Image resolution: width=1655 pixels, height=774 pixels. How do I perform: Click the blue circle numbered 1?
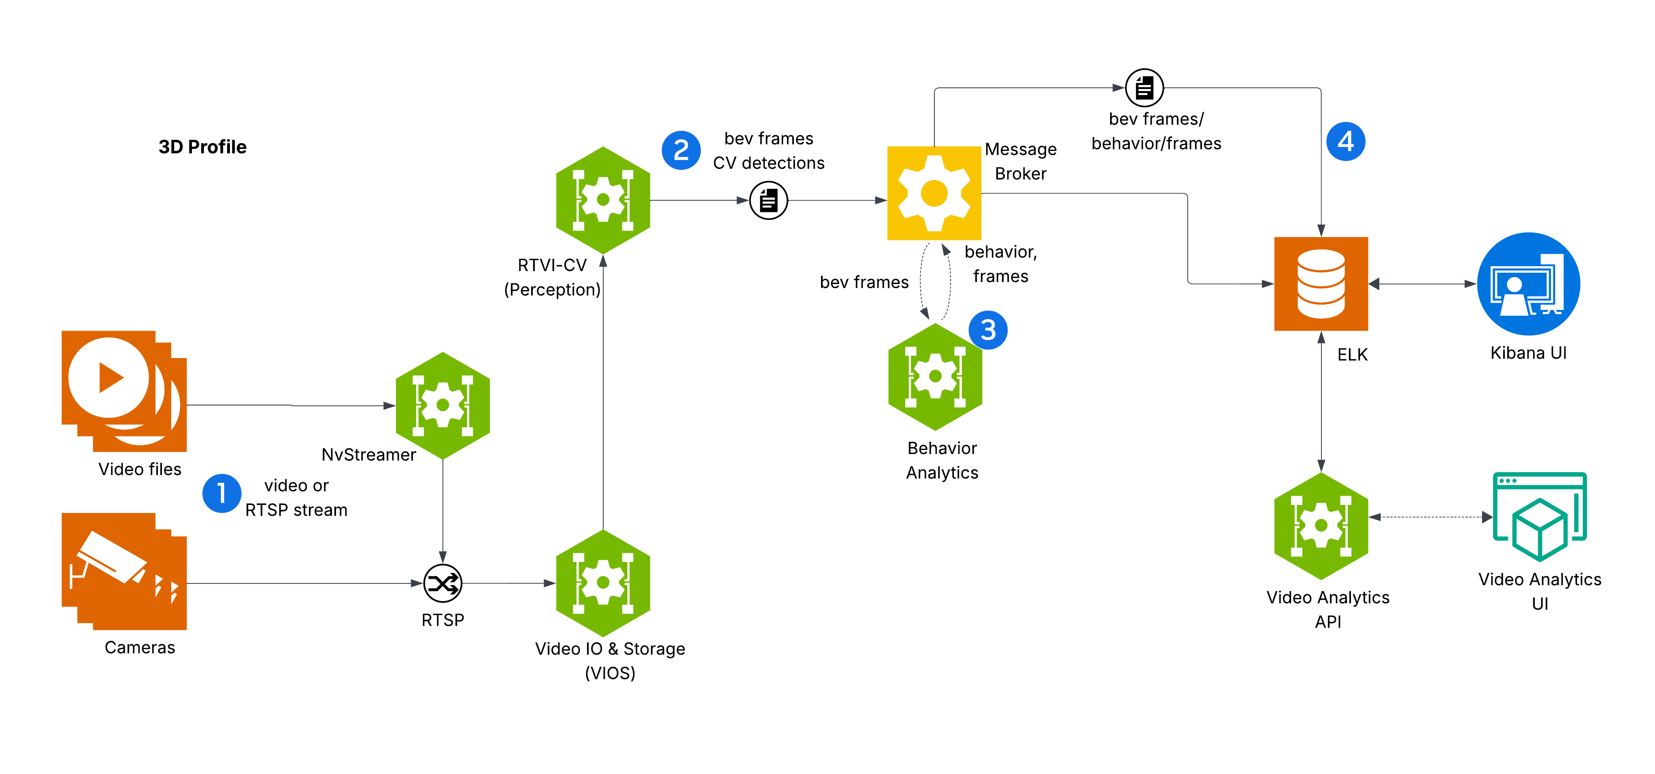point(222,493)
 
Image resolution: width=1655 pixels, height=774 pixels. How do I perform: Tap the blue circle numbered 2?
point(681,150)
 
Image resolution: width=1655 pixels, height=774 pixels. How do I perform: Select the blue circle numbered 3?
point(988,330)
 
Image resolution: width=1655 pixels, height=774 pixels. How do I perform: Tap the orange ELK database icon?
point(1321,284)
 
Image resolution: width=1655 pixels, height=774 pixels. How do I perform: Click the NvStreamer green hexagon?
point(442,405)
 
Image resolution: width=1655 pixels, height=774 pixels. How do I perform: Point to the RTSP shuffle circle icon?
point(442,583)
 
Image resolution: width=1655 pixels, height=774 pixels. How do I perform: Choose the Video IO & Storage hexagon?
point(603,583)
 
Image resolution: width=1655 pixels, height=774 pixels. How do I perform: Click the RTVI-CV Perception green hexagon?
point(603,200)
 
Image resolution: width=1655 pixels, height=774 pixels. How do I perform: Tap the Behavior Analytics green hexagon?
point(936,376)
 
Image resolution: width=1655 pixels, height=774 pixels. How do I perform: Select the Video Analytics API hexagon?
point(1321,526)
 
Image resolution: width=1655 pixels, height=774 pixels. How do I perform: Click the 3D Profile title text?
point(202,147)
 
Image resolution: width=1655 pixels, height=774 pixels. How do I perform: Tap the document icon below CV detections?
point(768,200)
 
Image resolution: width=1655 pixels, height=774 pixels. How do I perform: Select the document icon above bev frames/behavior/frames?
point(1144,88)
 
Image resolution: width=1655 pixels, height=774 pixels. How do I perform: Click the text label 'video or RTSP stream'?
point(296,498)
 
